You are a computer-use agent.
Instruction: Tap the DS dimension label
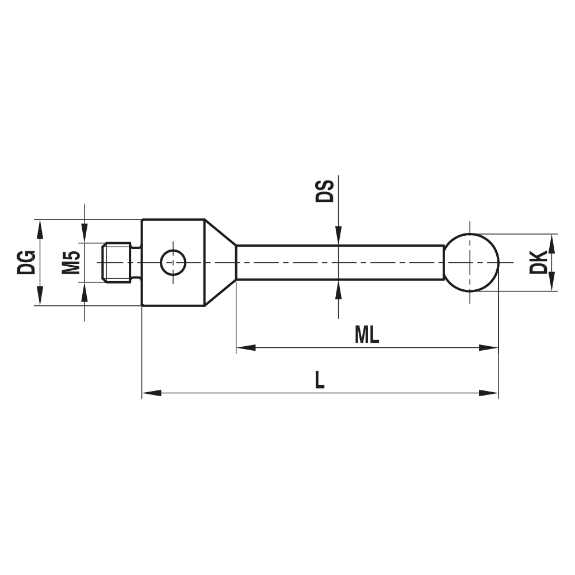coord(325,190)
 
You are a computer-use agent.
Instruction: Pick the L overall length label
coord(320,380)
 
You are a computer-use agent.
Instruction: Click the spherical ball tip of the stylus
coord(471,263)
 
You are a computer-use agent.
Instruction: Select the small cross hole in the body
coord(173,263)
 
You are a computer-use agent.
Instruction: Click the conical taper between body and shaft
coord(220,263)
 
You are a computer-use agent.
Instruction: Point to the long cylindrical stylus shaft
coord(339,263)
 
